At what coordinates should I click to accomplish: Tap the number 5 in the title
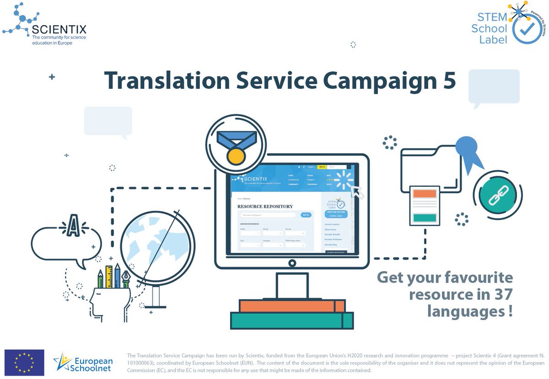pyautogui.click(x=448, y=80)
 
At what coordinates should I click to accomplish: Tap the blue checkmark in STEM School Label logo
pyautogui.click(x=528, y=28)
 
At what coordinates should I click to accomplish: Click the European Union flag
pyautogui.click(x=24, y=363)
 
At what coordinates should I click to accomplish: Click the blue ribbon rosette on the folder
pyautogui.click(x=467, y=149)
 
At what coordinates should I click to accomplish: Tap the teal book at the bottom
pyautogui.click(x=291, y=320)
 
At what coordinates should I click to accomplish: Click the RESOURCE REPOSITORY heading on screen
pyautogui.click(x=265, y=206)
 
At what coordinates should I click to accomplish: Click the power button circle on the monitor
pyautogui.click(x=292, y=263)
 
